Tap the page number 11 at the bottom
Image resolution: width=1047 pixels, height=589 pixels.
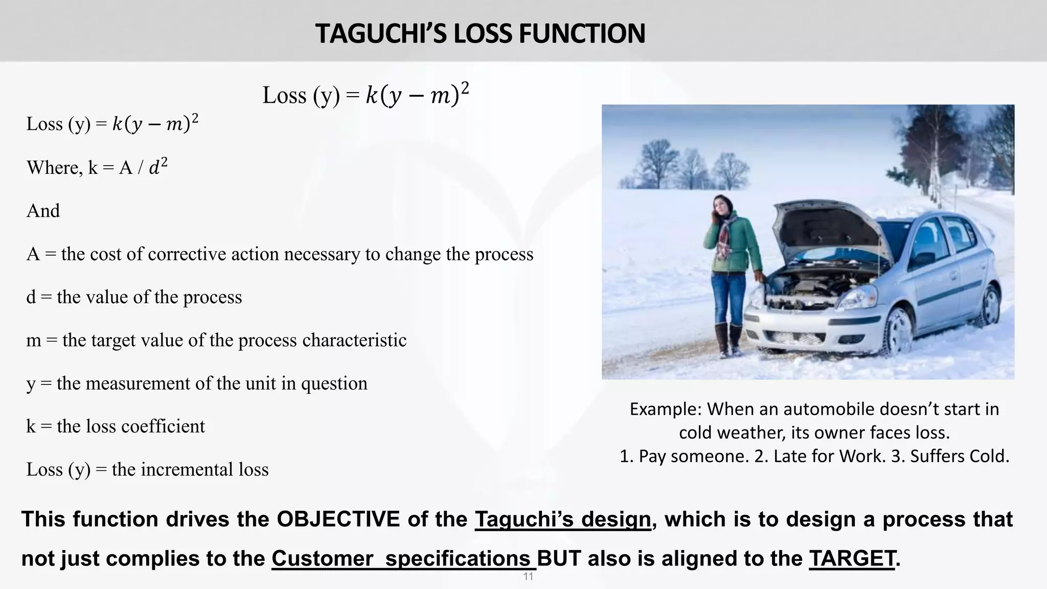click(528, 577)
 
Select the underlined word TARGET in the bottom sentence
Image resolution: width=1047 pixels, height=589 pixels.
click(852, 558)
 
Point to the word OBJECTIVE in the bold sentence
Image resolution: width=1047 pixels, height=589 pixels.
click(338, 519)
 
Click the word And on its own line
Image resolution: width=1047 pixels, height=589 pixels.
click(43, 211)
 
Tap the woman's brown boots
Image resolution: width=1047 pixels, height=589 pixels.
click(729, 340)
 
